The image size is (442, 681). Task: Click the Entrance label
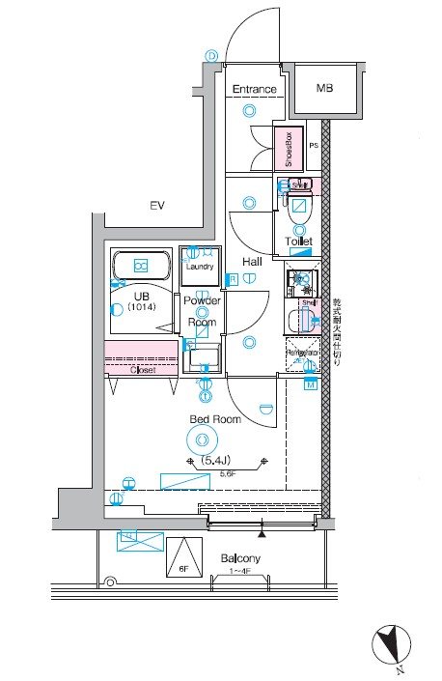point(255,90)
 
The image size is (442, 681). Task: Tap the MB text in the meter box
point(326,89)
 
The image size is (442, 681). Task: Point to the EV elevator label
point(155,205)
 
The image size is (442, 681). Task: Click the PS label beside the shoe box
point(313,147)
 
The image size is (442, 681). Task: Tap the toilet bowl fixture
point(299,207)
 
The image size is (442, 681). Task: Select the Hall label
point(252,261)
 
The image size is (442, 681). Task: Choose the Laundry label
point(200,267)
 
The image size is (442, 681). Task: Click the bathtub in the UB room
point(141,266)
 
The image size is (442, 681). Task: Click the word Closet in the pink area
point(142,369)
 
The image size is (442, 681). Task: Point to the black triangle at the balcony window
point(261,532)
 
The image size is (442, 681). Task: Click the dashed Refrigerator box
point(303,354)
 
